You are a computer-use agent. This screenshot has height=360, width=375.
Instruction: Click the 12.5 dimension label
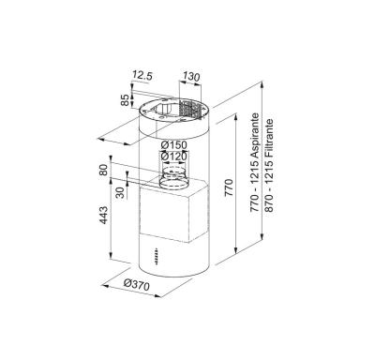[x=142, y=75]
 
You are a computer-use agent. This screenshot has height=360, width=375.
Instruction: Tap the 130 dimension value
[x=191, y=76]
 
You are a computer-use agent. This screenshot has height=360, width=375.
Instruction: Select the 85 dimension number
[x=126, y=100]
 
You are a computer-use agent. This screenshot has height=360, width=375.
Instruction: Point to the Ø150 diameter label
[x=173, y=145]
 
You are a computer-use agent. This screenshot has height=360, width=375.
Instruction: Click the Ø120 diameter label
[x=173, y=156]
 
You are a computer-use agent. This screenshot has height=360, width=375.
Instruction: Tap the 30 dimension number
[x=120, y=192]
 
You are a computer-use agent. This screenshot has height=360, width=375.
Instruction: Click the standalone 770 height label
[x=230, y=187]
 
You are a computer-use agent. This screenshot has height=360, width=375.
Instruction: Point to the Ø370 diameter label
[x=136, y=284]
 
